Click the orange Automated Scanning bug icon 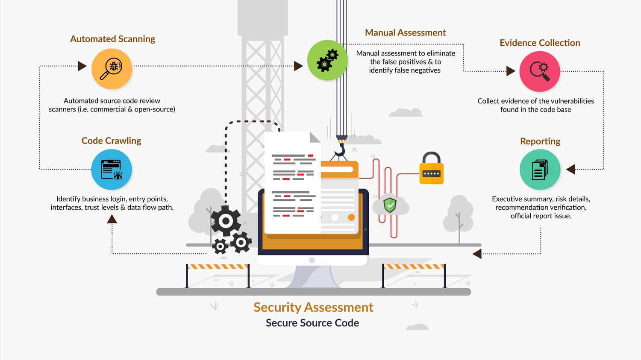(112, 69)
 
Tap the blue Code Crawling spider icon (112, 170)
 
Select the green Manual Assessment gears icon (327, 60)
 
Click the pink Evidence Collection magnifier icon (539, 71)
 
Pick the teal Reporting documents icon (540, 170)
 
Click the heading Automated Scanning (112, 39)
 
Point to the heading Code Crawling (111, 140)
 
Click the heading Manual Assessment (405, 32)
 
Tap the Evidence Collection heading (540, 43)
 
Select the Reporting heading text (540, 141)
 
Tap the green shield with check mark (390, 205)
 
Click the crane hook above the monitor (340, 149)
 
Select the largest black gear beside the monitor (225, 221)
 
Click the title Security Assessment (313, 307)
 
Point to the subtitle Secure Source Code (312, 323)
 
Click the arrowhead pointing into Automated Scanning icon (82, 66)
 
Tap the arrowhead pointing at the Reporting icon (570, 170)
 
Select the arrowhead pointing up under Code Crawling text (112, 219)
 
